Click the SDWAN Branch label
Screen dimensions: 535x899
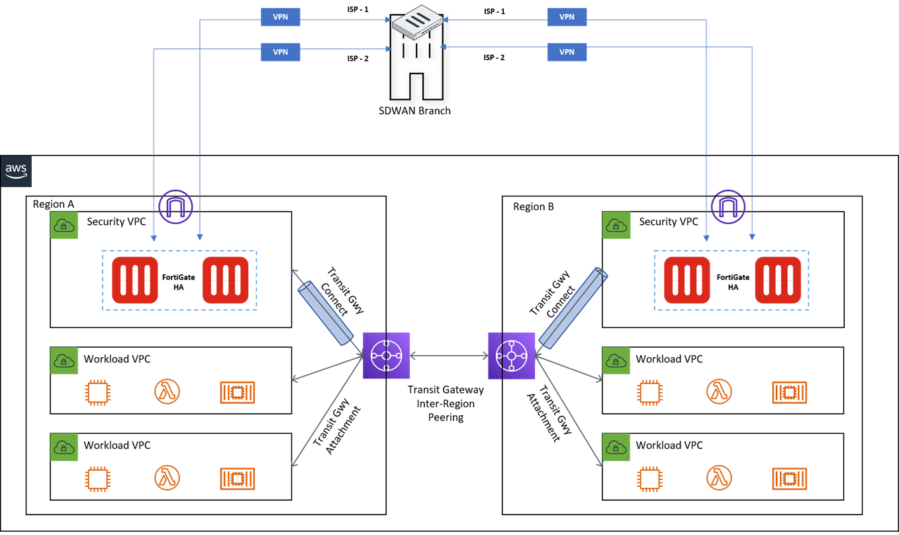click(416, 110)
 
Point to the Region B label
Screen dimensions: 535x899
click(534, 206)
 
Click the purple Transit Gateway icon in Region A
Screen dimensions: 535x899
click(387, 356)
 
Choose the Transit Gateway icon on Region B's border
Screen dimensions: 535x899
click(511, 356)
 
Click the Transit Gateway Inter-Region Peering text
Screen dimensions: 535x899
click(446, 403)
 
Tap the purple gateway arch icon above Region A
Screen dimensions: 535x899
click(176, 206)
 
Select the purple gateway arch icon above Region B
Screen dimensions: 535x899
click(728, 206)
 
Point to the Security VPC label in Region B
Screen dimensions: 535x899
click(668, 222)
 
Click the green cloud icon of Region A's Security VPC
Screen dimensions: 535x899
click(64, 226)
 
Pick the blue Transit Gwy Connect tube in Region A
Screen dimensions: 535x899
click(327, 312)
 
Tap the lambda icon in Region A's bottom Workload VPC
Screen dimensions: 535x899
click(167, 477)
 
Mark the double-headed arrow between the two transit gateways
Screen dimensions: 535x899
click(449, 356)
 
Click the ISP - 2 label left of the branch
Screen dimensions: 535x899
click(358, 59)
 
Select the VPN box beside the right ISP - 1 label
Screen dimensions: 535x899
click(567, 17)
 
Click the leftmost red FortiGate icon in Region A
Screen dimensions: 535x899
click(135, 280)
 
